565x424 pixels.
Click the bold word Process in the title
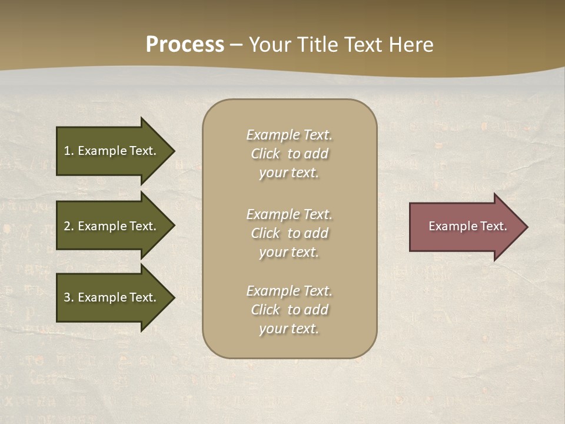point(185,45)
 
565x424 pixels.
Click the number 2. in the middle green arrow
point(69,226)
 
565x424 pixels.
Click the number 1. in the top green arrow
point(69,151)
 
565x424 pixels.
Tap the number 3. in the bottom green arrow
point(69,297)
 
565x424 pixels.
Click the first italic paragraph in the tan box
point(289,154)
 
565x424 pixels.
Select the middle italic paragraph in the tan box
point(289,233)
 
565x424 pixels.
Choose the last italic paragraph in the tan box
point(289,310)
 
